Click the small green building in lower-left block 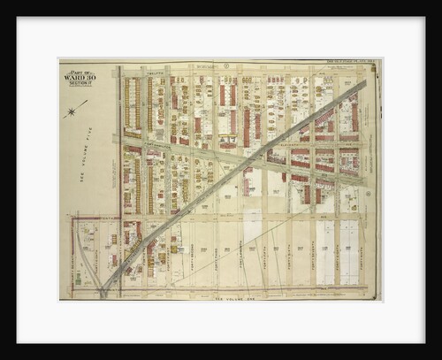(x=78, y=280)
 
